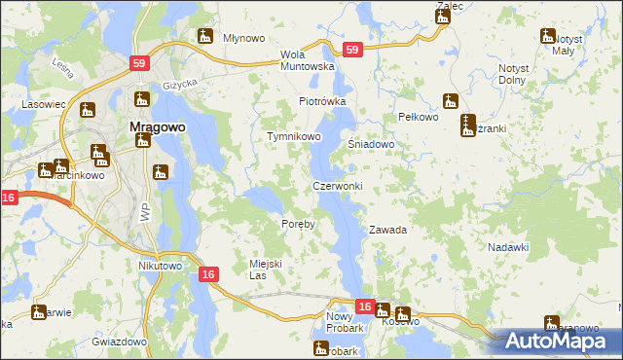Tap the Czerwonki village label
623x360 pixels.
tap(337, 186)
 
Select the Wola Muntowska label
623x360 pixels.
tap(307, 60)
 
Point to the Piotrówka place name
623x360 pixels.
tap(322, 101)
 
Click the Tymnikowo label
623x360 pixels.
tap(294, 137)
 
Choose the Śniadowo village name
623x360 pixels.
tap(371, 144)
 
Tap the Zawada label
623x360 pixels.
tap(386, 231)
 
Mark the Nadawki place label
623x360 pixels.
tap(507, 247)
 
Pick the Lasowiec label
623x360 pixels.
tap(44, 102)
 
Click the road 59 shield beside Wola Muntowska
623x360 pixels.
tap(352, 50)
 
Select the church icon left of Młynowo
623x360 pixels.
tap(205, 37)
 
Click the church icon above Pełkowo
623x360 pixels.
tap(450, 100)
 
